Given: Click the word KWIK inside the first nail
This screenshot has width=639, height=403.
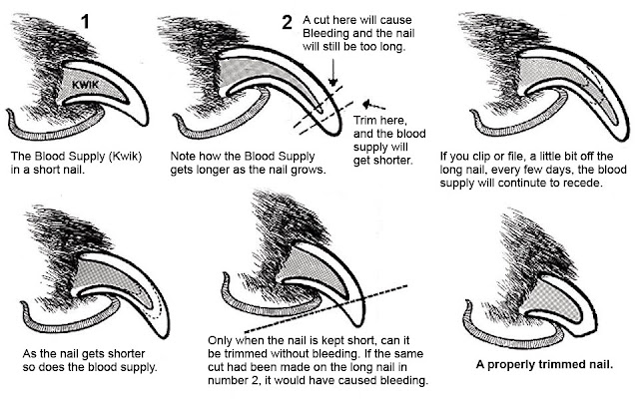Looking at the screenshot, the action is click(86, 85).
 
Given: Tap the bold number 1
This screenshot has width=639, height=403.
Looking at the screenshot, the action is click(85, 21).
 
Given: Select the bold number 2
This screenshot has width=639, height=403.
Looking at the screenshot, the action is click(287, 22).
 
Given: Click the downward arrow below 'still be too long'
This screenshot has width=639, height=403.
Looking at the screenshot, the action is click(333, 73).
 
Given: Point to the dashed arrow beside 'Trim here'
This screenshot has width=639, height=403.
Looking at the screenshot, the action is click(374, 105).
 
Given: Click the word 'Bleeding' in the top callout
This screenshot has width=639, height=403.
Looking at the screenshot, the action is click(324, 33).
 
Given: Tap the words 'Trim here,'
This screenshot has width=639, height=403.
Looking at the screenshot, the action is click(380, 121).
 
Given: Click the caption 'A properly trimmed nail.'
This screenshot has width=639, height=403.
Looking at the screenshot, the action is click(544, 364).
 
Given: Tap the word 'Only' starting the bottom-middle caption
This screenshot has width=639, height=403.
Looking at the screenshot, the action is click(220, 341).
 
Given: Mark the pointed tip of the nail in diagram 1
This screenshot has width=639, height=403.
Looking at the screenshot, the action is click(145, 124).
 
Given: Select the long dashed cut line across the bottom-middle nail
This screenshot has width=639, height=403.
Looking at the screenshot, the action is click(326, 308).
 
